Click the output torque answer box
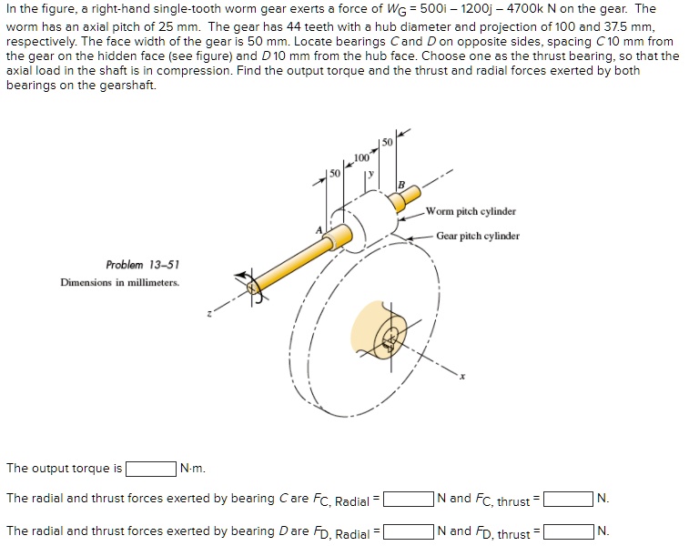click(151, 469)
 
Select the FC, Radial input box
click(408, 499)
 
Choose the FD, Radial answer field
click(408, 531)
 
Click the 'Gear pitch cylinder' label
click(478, 236)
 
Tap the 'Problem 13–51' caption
click(142, 265)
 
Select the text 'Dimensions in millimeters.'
click(120, 282)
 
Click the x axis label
click(461, 379)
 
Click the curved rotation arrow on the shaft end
click(246, 282)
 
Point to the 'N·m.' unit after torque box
click(193, 469)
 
